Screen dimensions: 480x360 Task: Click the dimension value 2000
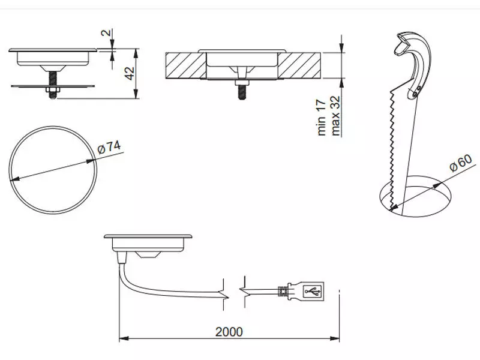pos(229,332)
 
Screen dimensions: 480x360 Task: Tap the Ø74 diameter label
pos(109,147)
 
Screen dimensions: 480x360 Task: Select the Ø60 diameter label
pos(461,163)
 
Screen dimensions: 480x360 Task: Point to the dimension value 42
pos(130,73)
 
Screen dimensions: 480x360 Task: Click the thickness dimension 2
pos(106,32)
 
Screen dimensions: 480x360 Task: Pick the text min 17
pos(321,117)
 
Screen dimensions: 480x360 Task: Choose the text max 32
pos(335,116)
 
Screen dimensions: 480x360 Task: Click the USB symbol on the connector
pos(313,291)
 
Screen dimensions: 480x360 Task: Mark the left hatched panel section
pos(185,65)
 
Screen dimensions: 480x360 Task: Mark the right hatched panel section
pos(299,65)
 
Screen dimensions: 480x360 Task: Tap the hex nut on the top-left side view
pos(53,89)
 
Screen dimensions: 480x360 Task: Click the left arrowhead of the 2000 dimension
pos(124,338)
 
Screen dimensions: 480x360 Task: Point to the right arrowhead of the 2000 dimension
pos(335,338)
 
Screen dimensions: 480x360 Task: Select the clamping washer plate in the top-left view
pos(53,86)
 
